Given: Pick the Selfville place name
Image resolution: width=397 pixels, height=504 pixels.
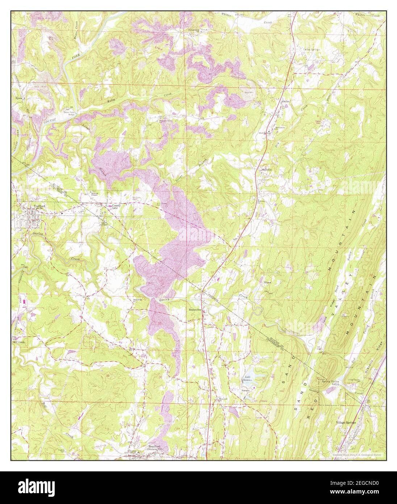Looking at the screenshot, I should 267,169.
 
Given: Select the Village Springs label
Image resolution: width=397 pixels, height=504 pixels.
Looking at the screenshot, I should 346,423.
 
